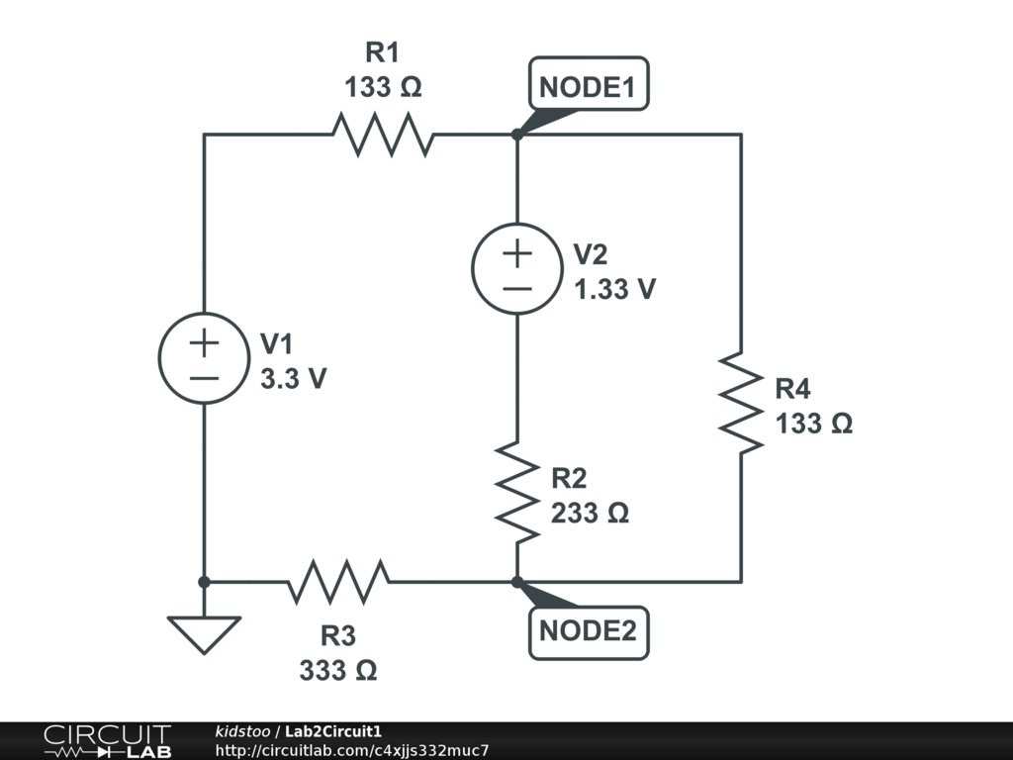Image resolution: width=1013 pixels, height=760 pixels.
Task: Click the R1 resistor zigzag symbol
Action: pyautogui.click(x=383, y=135)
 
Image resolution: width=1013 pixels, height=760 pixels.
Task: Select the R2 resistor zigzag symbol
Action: pyautogui.click(x=516, y=492)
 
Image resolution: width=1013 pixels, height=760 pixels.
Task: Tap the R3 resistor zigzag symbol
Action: pyautogui.click(x=337, y=582)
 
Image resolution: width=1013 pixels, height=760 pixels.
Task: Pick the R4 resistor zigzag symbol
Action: pyautogui.click(x=741, y=401)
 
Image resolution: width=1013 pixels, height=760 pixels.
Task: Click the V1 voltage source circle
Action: pyautogui.click(x=204, y=358)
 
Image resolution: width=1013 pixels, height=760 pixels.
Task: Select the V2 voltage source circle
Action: pyautogui.click(x=516, y=269)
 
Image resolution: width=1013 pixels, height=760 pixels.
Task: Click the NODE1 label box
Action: pyautogui.click(x=589, y=87)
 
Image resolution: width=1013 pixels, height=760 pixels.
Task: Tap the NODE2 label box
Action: pyautogui.click(x=589, y=630)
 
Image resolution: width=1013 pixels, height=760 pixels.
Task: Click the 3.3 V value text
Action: pyautogui.click(x=293, y=378)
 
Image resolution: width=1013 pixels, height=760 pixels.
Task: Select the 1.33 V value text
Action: pyautogui.click(x=614, y=289)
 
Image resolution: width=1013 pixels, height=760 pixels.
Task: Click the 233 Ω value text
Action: pyautogui.click(x=590, y=514)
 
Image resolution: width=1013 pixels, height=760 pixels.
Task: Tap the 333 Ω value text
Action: pyautogui.click(x=337, y=670)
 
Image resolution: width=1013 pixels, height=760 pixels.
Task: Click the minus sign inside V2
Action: pyautogui.click(x=516, y=289)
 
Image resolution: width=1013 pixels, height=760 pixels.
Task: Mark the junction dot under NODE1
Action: pyautogui.click(x=516, y=135)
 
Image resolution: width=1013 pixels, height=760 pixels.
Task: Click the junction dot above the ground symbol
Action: pyautogui.click(x=204, y=582)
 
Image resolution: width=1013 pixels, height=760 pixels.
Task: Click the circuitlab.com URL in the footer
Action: pyautogui.click(x=352, y=751)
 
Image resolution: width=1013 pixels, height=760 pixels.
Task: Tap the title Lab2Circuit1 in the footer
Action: pyautogui.click(x=333, y=732)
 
